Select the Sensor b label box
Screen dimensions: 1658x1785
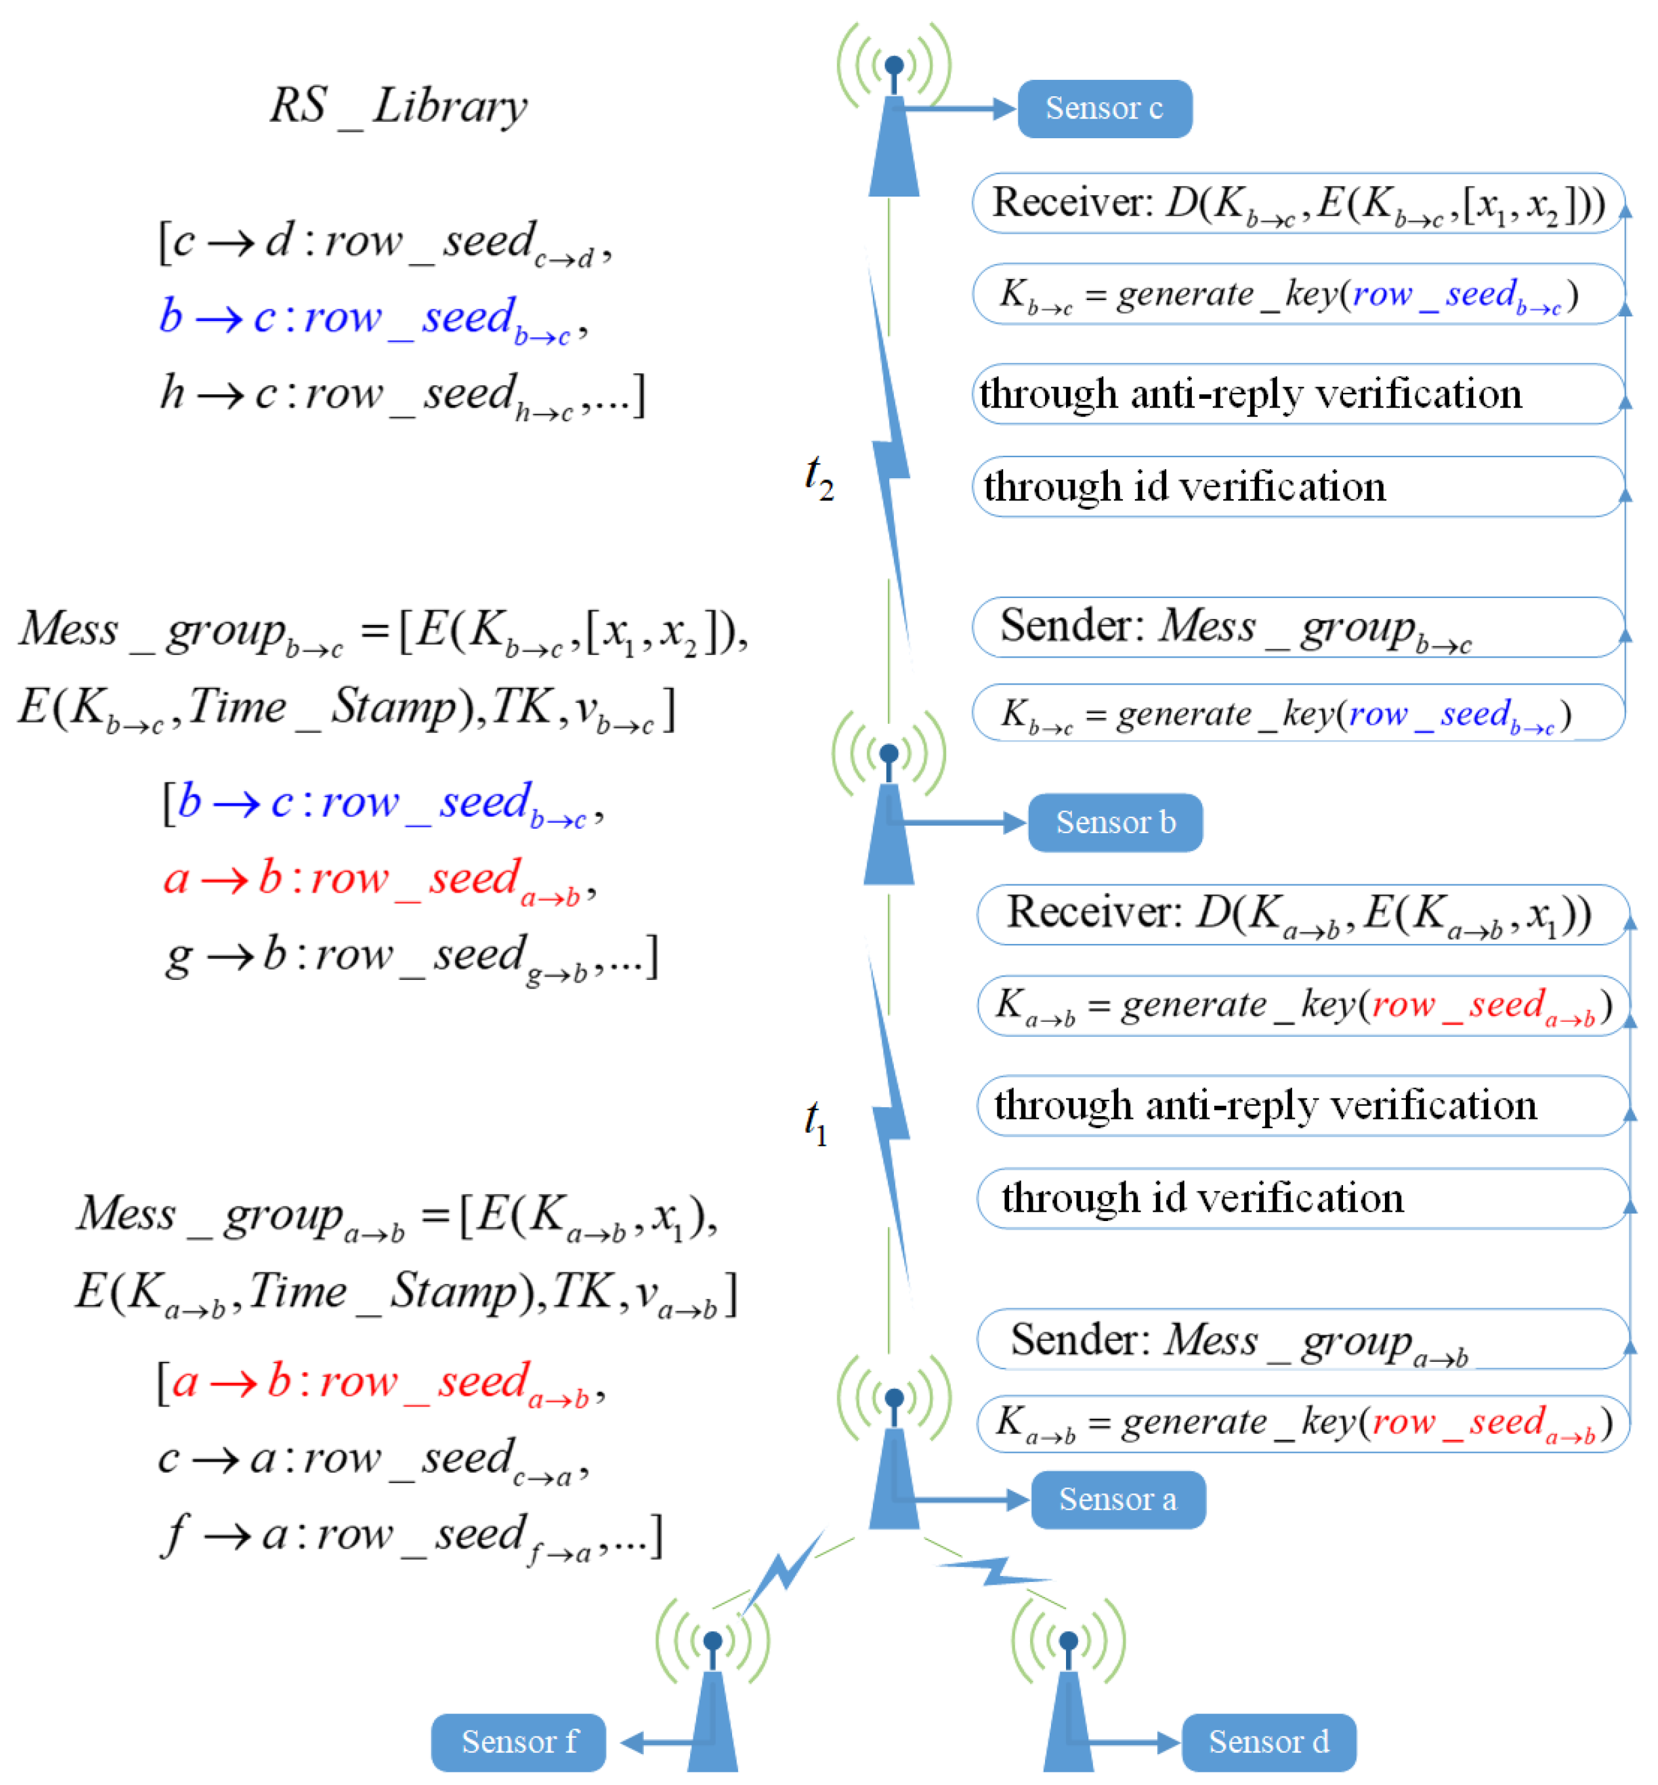(x=1115, y=822)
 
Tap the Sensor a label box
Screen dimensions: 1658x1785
(x=1117, y=1499)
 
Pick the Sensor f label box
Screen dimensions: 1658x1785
(x=518, y=1741)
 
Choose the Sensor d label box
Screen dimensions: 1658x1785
(x=1268, y=1741)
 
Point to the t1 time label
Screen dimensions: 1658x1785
(x=815, y=1122)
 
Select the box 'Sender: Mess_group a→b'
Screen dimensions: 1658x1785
(x=1302, y=1339)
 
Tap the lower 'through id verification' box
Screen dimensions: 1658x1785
(x=1302, y=1198)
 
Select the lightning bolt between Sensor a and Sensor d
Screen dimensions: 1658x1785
(x=991, y=1571)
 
